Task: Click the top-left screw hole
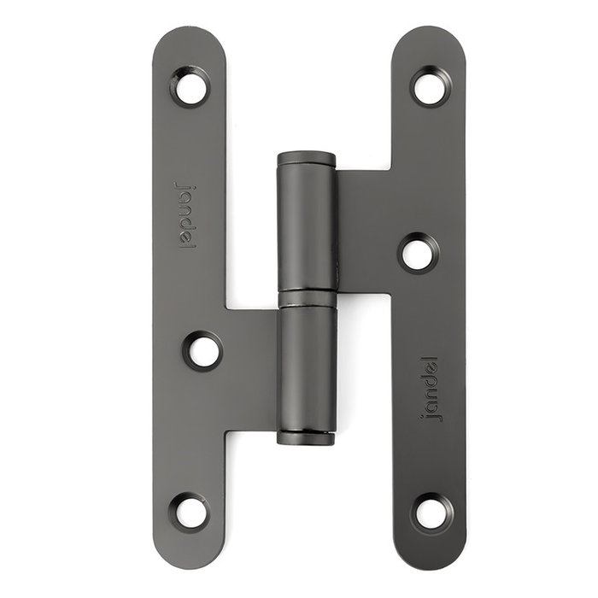tap(190, 86)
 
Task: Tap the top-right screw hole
tap(431, 86)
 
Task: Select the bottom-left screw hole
tap(190, 511)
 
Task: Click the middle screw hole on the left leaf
tap(202, 350)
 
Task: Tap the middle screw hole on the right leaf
tap(418, 253)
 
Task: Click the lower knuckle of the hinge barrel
tap(306, 367)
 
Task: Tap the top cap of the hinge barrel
tap(306, 159)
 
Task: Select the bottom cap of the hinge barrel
tap(306, 437)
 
